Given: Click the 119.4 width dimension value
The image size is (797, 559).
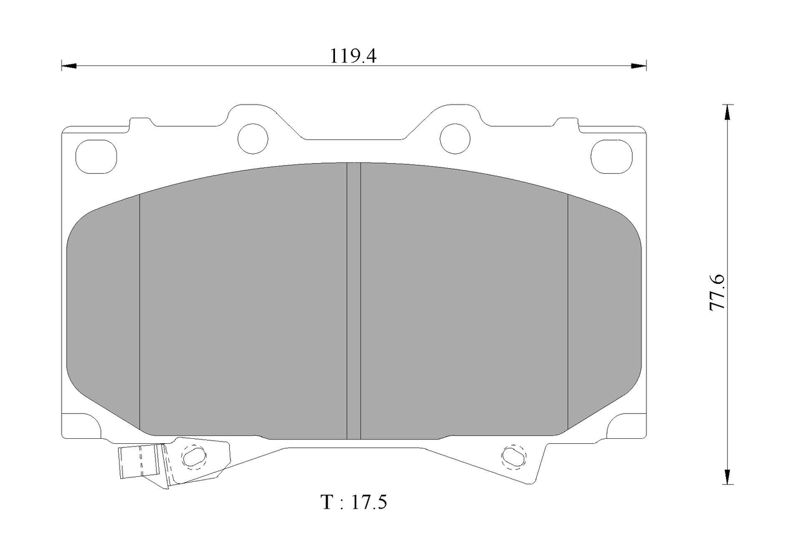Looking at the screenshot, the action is click(x=353, y=56).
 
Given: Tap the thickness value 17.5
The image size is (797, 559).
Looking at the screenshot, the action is click(x=369, y=502).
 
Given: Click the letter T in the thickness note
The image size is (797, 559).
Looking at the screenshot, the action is click(x=327, y=502).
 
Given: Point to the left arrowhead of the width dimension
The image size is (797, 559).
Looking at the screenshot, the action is click(x=69, y=66).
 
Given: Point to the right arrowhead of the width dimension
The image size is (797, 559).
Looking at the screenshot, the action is click(x=639, y=66).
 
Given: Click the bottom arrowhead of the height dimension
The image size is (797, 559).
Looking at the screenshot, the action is click(x=728, y=476).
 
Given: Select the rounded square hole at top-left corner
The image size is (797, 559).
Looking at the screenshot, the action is click(x=97, y=156).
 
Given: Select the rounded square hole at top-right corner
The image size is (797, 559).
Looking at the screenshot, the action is click(x=611, y=156).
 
